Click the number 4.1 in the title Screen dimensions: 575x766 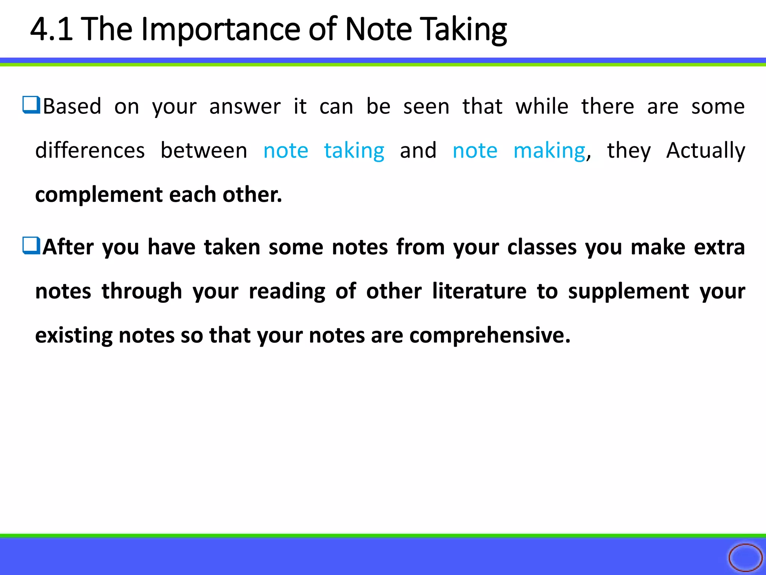tap(51, 29)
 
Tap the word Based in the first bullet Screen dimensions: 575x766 tap(72, 106)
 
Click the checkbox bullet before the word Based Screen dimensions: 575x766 tap(31, 105)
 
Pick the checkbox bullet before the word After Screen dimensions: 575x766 tap(31, 246)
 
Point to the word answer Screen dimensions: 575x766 tap(245, 107)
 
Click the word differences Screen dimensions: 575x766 tap(90, 150)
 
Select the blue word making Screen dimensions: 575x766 tap(549, 151)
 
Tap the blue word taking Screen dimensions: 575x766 tap(354, 151)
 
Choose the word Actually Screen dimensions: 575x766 tap(706, 151)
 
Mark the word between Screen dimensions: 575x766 tap(204, 150)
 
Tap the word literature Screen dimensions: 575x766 tap(479, 291)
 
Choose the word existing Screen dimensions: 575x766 tap(74, 335)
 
